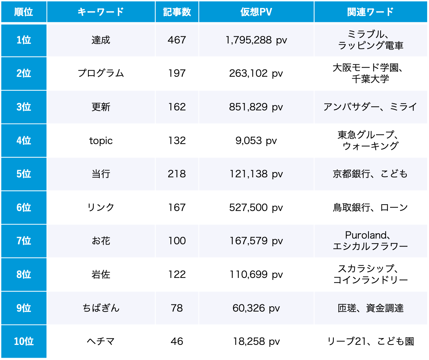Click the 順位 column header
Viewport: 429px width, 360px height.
[23, 12]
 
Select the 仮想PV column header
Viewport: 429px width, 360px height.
[256, 12]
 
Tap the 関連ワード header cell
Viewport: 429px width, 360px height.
[370, 12]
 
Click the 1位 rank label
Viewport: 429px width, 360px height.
[23, 40]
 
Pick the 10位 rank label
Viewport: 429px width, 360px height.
[23, 341]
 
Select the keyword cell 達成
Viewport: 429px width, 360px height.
[101, 40]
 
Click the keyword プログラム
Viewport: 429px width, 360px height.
[101, 73]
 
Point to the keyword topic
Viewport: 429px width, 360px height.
[101, 141]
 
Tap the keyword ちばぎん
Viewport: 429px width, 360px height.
[101, 308]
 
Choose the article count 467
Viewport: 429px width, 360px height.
[177, 40]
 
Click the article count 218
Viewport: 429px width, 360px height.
[177, 174]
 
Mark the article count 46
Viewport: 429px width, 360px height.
[177, 341]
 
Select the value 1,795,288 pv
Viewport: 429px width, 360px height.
[256, 40]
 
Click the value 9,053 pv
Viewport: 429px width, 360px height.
[256, 141]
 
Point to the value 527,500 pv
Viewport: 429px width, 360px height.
[256, 208]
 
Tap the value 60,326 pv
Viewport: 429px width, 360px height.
[256, 308]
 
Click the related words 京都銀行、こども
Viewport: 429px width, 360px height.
[370, 174]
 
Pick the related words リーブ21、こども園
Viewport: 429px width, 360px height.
[370, 341]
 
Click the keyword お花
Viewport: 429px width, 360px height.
[101, 241]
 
